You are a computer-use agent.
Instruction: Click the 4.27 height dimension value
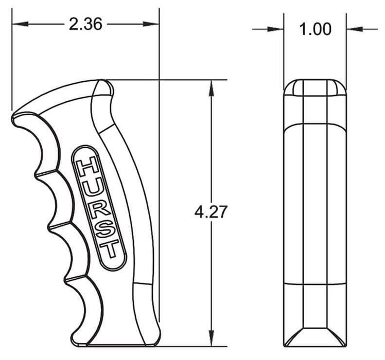211,211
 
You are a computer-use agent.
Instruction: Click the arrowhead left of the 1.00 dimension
278,29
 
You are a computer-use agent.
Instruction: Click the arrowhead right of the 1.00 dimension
353,29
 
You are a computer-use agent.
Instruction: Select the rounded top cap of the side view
314,87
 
